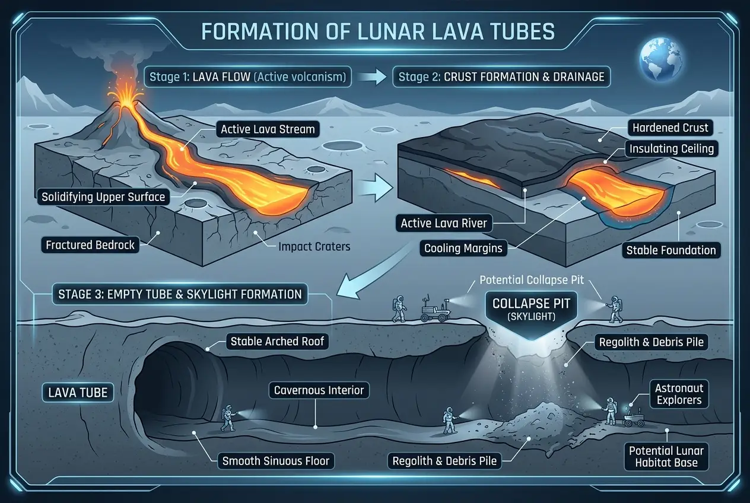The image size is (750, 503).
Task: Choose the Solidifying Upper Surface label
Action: (x=103, y=197)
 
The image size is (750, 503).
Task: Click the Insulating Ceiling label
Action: (x=671, y=148)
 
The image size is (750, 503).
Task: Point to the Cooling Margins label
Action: (x=463, y=248)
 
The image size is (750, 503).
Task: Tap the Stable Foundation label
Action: (x=671, y=250)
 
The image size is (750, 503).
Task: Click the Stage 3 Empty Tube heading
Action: (x=180, y=294)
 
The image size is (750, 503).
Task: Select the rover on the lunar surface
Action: (x=434, y=310)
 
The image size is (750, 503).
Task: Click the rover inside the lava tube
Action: (x=633, y=419)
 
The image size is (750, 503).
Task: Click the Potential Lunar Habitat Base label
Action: (x=666, y=456)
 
